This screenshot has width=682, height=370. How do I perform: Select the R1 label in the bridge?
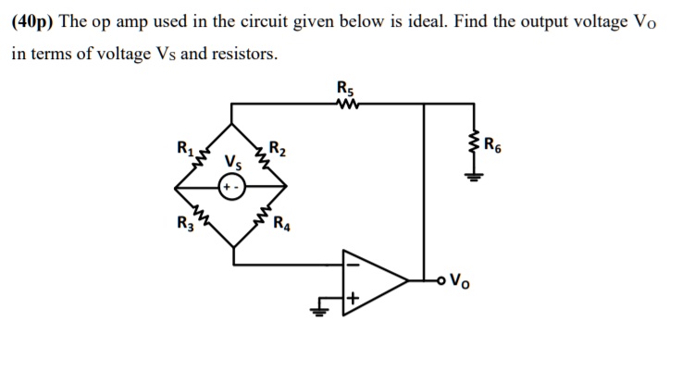pos(173,144)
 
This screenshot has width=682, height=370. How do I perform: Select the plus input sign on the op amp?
pos(353,299)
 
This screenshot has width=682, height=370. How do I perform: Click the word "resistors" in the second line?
pos(244,54)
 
